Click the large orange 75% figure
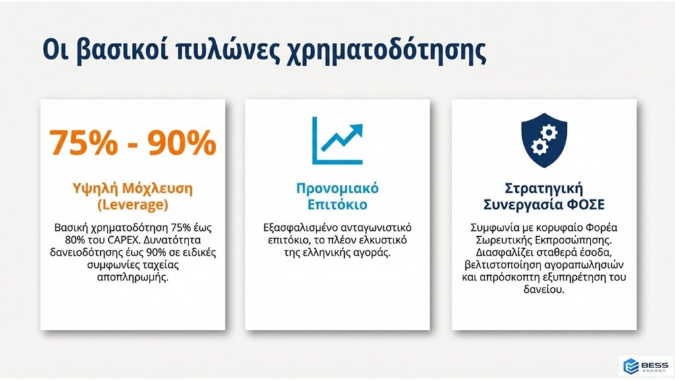[84, 142]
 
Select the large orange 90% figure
[182, 142]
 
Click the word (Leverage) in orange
[132, 205]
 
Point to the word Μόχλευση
[158, 189]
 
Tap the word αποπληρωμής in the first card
[132, 277]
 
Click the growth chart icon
[337, 141]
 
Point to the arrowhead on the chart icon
[357, 129]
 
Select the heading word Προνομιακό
[337, 189]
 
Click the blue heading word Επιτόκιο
[337, 205]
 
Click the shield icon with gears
[544, 141]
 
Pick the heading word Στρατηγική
[544, 189]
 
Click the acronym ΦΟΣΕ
[587, 205]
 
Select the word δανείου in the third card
[544, 290]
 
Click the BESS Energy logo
[647, 366]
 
